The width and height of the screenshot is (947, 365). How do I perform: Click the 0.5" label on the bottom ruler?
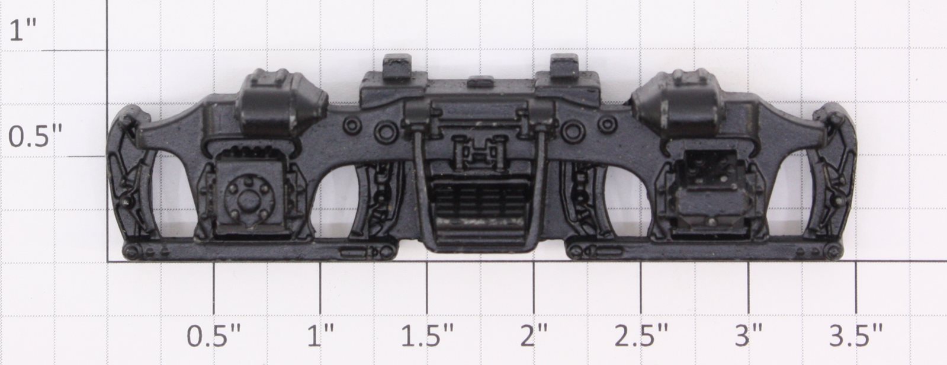[x=214, y=337]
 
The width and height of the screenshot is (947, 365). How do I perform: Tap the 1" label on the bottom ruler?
[x=320, y=337]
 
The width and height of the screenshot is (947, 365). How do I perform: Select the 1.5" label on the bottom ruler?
[x=428, y=337]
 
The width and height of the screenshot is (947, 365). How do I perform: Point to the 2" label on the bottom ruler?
[x=535, y=337]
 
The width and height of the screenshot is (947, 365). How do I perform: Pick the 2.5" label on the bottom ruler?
[x=642, y=337]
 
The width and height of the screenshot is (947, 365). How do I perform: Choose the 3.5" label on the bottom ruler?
[x=856, y=337]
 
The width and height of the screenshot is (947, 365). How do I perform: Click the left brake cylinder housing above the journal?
[x=281, y=105]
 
